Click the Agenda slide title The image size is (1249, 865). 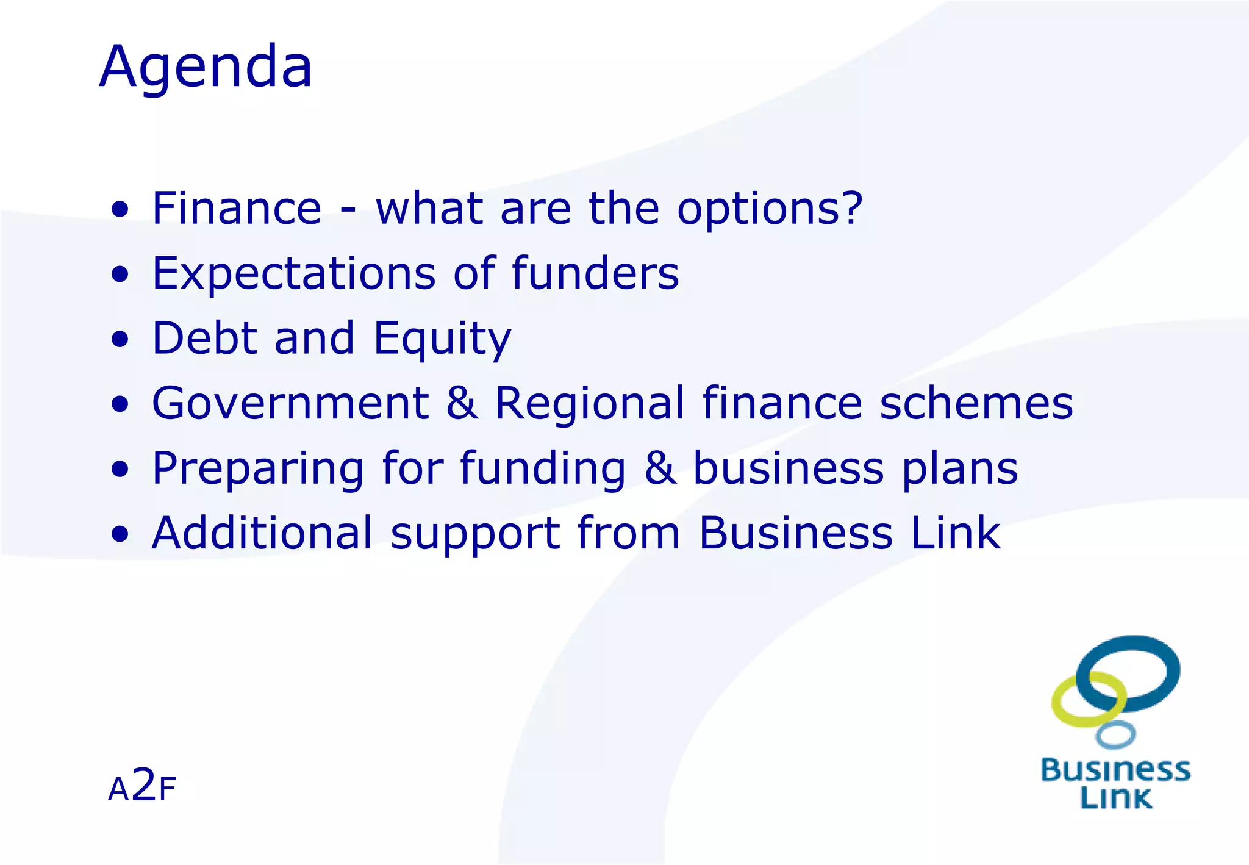206,67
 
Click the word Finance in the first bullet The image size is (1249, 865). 237,209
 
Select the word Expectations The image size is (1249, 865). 293,274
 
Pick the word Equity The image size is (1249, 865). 442,340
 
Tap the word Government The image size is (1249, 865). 290,403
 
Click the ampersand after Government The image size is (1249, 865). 462,403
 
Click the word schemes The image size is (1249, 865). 976,403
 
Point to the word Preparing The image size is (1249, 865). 258,470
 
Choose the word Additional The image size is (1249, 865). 262,533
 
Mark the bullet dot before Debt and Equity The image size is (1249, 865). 120,339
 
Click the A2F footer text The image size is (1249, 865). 141,786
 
